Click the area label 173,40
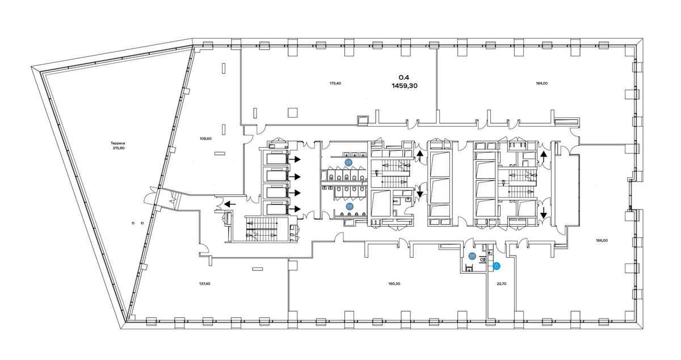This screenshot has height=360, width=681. [335, 83]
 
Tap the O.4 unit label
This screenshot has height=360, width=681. [404, 77]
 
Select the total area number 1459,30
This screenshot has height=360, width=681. [404, 86]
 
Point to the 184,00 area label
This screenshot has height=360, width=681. [541, 83]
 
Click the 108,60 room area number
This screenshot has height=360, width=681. [205, 139]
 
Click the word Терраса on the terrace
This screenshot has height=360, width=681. [117, 143]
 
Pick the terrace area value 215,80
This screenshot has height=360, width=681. [119, 148]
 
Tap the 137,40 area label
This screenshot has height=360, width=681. [205, 283]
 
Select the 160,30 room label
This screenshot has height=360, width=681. [394, 283]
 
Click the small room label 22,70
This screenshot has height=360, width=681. [502, 283]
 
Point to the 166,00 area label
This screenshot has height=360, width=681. [602, 240]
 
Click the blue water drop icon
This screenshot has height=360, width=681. [497, 266]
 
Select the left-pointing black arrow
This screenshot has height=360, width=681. [230, 204]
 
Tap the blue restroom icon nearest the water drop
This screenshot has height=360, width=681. [472, 256]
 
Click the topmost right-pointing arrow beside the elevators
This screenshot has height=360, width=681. [295, 159]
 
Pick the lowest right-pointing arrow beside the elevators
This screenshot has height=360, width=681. [295, 209]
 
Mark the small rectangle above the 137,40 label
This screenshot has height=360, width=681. [257, 269]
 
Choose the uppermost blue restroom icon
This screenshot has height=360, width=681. [348, 162]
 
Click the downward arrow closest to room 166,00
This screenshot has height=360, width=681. [544, 212]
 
